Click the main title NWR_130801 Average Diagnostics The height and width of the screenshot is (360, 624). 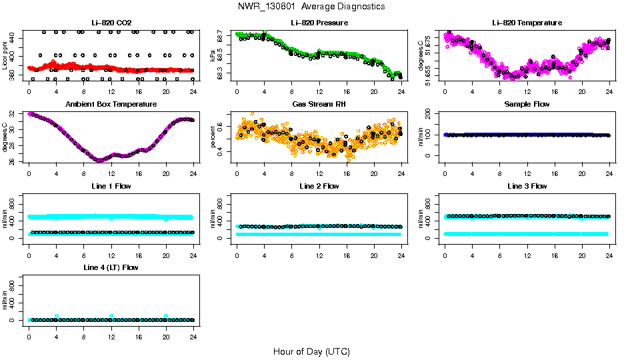click(311, 7)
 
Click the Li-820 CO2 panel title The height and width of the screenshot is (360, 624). click(111, 23)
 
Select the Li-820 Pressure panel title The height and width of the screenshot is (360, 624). click(319, 23)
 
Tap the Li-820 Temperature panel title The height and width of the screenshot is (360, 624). click(527, 23)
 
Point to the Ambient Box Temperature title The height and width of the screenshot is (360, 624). click(111, 104)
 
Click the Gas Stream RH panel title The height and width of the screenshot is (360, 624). click(319, 104)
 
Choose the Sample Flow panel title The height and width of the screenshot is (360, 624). click(527, 104)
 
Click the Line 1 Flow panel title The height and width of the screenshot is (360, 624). click(111, 186)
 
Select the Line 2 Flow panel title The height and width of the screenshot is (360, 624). click(319, 186)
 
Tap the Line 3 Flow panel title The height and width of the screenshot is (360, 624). click(527, 186)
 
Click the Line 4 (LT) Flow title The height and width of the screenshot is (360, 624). click(111, 267)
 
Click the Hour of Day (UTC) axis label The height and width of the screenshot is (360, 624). click(311, 351)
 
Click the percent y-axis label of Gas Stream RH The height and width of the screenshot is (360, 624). click(213, 137)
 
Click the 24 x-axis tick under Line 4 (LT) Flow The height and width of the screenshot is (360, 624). click(193, 329)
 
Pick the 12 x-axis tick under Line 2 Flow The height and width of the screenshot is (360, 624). click(319, 247)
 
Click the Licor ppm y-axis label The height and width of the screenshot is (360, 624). click(5, 56)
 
